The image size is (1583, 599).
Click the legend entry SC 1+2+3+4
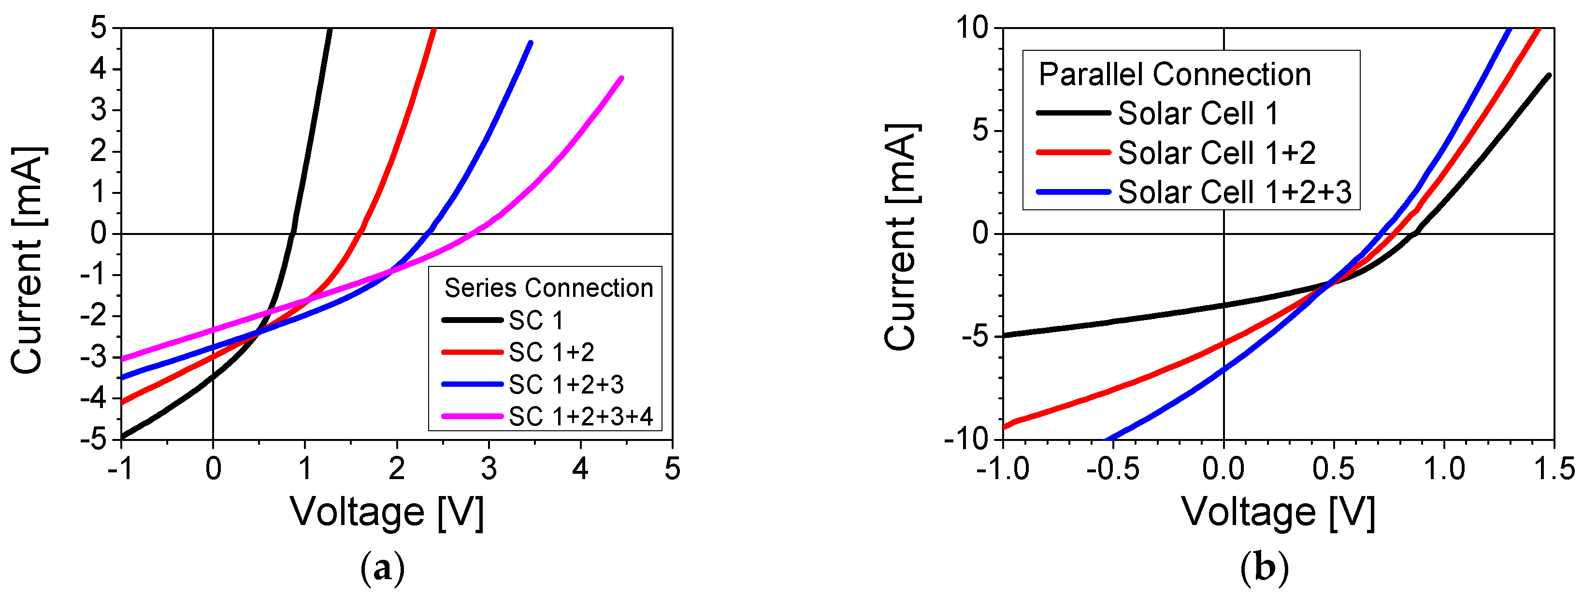580,417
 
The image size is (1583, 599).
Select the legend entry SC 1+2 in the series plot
551,352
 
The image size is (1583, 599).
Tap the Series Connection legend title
548,288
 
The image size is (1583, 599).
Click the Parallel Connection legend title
1174,74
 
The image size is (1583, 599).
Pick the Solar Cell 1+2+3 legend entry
1234,192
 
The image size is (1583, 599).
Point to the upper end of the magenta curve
621,79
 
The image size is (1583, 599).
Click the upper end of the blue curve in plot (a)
531,43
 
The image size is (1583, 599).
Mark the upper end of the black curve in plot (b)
1549,75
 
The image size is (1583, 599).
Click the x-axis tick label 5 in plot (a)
672,469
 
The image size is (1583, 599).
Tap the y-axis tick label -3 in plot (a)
93,357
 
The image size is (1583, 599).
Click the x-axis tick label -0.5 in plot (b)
1112,469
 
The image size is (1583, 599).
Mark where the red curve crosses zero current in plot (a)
360,234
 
